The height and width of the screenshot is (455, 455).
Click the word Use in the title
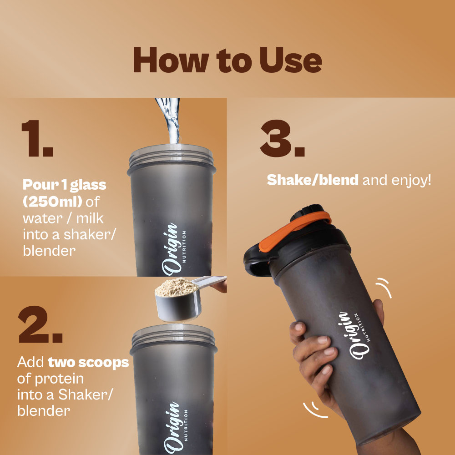(291, 60)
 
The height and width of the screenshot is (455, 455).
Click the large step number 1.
(37, 138)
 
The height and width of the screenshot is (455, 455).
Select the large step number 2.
(40, 324)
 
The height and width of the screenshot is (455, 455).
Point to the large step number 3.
(283, 138)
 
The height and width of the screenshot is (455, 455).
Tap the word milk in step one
(90, 218)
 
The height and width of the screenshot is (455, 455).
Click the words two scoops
(88, 363)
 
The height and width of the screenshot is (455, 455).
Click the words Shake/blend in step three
(313, 180)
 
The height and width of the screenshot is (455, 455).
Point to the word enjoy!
(411, 181)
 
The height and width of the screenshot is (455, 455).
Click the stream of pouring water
(170, 121)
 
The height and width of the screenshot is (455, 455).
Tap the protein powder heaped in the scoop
(177, 287)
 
